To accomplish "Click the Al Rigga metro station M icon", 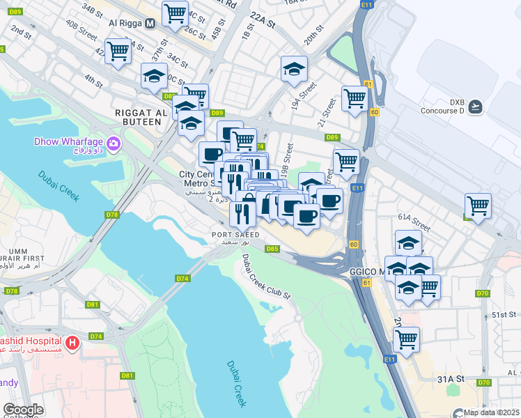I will click(150, 23).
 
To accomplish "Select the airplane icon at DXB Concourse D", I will click(475, 106).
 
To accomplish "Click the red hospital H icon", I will click(72, 343).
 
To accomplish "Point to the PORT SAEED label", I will click(237, 235).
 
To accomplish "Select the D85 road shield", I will click(272, 249).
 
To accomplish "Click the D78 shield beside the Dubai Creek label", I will click(112, 215).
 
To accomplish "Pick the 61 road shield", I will click(368, 84).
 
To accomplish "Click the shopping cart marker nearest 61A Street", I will click(478, 206).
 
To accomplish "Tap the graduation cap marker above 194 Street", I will click(294, 68).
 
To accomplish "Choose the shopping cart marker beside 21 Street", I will click(355, 99).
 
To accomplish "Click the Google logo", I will click(23, 410).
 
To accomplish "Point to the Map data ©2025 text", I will click(492, 412).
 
